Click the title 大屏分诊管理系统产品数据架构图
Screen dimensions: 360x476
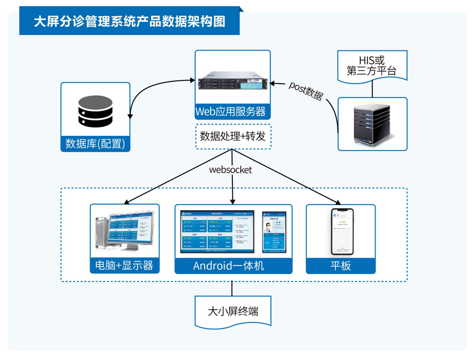click(x=129, y=21)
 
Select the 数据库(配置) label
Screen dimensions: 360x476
click(x=95, y=144)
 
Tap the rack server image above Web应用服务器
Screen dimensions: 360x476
click(x=232, y=81)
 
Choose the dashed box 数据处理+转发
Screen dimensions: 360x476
click(x=233, y=136)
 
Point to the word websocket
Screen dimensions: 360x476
click(x=230, y=170)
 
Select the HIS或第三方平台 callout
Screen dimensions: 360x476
click(x=372, y=66)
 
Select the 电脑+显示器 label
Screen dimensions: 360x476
click(x=124, y=265)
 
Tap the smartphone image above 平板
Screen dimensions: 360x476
click(x=342, y=231)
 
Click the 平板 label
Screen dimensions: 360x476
click(x=341, y=266)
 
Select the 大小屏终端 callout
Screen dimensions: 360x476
click(x=233, y=311)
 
